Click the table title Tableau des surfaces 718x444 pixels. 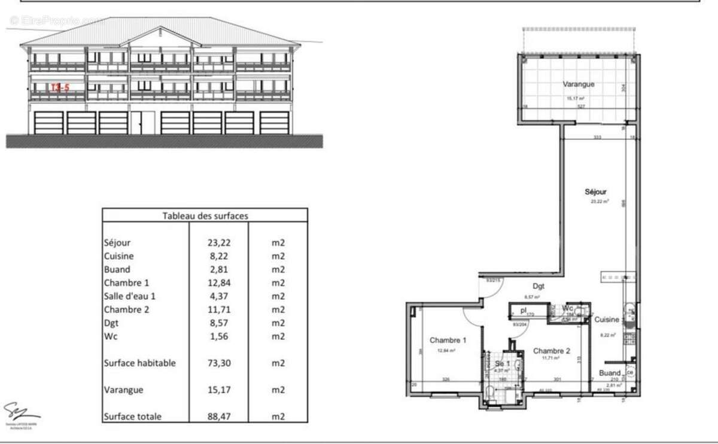(x=205, y=215)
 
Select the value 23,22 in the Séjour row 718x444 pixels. (x=218, y=243)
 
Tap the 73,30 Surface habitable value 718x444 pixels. (x=218, y=363)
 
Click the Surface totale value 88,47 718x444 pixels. (x=218, y=416)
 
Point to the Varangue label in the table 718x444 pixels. (x=123, y=390)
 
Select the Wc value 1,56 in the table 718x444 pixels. (x=218, y=336)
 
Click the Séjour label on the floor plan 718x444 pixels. (x=596, y=192)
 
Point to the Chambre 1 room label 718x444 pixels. (x=448, y=340)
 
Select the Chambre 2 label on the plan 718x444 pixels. (x=551, y=351)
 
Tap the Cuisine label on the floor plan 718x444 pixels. (x=607, y=320)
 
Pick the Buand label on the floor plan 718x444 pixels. (x=610, y=373)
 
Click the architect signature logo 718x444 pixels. (x=22, y=412)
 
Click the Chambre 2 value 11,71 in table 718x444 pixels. (x=218, y=310)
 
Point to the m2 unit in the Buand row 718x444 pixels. (x=278, y=270)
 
